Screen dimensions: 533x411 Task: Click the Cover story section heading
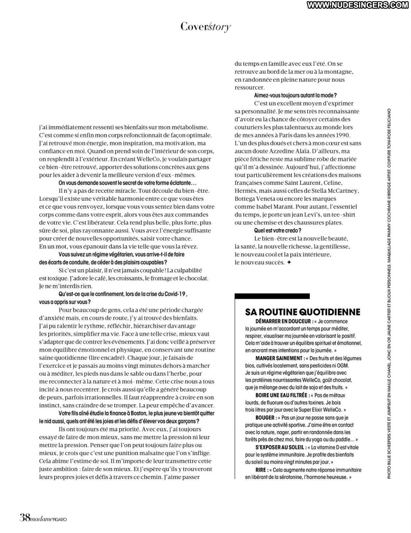pyautogui.click(x=205, y=27)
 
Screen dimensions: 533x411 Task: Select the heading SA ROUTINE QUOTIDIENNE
pyautogui.click(x=303, y=312)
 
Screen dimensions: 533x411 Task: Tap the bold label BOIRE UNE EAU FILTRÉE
pyautogui.click(x=283, y=395)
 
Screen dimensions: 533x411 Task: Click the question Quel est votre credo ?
pyautogui.click(x=277, y=230)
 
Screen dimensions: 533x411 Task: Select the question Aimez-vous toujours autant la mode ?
pyautogui.click(x=295, y=95)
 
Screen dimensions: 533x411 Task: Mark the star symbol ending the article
pyautogui.click(x=289, y=262)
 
